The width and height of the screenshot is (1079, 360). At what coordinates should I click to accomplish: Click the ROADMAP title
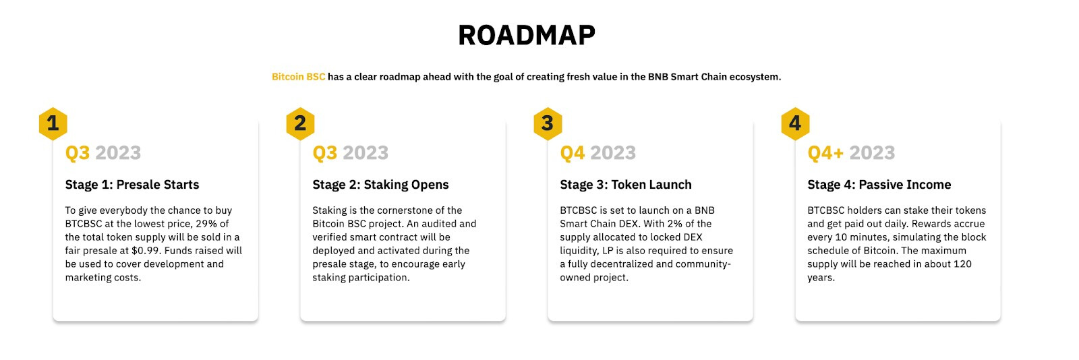(527, 36)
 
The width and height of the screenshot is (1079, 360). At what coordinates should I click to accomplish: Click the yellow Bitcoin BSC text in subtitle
(298, 77)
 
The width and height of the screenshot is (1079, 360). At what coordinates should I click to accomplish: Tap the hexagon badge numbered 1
(53, 123)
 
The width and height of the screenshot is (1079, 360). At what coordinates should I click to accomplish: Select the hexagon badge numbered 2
(300, 123)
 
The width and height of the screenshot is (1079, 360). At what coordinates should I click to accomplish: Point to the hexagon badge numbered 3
(548, 123)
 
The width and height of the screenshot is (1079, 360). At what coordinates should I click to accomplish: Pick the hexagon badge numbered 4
(795, 123)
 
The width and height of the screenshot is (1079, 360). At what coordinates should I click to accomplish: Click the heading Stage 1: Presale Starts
(132, 185)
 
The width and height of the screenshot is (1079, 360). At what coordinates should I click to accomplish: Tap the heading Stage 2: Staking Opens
(380, 185)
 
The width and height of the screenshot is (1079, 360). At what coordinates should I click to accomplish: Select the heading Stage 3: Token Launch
(626, 185)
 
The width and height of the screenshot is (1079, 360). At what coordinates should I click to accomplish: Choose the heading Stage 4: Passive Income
(879, 185)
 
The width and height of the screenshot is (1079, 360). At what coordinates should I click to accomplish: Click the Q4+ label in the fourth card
(825, 153)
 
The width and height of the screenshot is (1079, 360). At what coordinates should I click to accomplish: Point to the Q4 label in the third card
(573, 153)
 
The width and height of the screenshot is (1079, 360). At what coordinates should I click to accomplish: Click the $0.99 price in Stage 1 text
(145, 251)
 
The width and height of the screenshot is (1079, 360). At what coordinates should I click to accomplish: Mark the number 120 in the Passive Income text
(962, 264)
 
